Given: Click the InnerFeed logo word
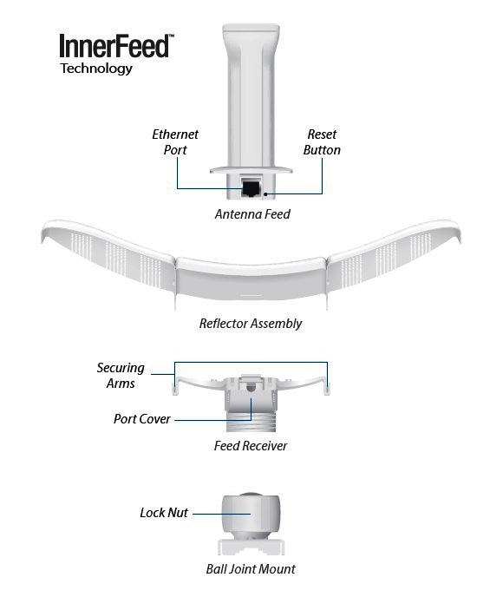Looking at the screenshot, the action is point(114,46).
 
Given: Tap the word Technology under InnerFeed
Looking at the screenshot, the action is point(96,69).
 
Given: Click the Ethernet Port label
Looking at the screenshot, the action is point(175,142).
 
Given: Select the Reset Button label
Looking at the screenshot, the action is point(322,142).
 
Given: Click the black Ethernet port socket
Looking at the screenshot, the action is point(251,188).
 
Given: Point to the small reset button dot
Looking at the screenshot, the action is point(266,193).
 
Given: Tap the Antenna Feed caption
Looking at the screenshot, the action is point(252,214).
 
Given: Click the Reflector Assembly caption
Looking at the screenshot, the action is point(251,324).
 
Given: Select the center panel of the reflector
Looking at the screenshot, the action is point(251,279).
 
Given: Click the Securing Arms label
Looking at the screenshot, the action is point(121,376).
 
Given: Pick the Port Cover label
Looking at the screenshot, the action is point(142,419).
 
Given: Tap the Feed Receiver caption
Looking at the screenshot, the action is point(251,446).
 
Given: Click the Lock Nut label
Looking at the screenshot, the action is point(164,513).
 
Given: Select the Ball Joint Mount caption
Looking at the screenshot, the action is point(251,569).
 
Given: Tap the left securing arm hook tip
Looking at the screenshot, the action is point(174,390).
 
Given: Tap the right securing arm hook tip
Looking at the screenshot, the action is point(327,390).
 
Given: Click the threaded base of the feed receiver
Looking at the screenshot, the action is point(251,422).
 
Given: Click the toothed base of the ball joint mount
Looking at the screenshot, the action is point(251,547).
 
